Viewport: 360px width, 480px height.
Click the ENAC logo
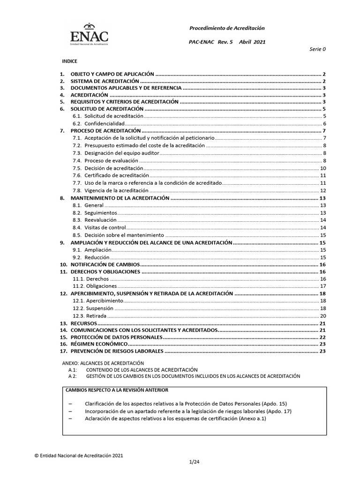[x=89, y=34]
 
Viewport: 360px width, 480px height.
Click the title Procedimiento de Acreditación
[x=226, y=29]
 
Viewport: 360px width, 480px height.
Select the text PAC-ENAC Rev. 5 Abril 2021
[x=226, y=42]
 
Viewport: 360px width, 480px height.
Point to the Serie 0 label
[x=318, y=49]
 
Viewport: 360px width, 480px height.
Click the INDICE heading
[x=70, y=61]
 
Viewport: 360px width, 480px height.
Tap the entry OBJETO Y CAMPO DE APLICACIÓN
[x=112, y=74]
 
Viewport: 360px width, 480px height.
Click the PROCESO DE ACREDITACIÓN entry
[x=105, y=130]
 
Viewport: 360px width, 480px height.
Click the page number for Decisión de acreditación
[x=322, y=168]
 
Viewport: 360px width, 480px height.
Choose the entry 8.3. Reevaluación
[x=100, y=220]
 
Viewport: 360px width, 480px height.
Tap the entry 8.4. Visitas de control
[x=105, y=227]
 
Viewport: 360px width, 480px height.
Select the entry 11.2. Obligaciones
[x=101, y=286]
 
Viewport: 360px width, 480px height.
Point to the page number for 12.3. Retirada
[x=322, y=316]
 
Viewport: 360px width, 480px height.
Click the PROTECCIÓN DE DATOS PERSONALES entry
[x=116, y=337]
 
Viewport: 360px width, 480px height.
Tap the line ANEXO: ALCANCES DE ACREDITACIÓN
[x=103, y=363]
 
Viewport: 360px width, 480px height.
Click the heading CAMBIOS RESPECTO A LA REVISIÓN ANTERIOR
[x=117, y=390]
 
